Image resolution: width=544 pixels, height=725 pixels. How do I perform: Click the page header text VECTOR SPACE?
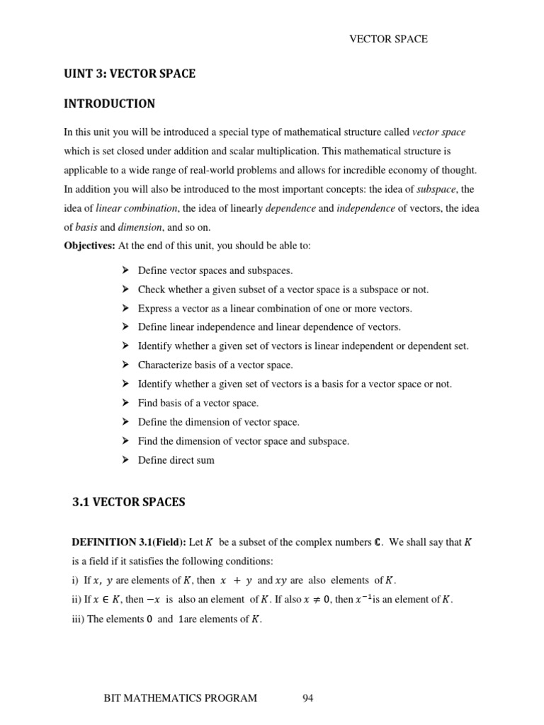389,39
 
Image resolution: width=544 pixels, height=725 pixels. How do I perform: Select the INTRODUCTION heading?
110,104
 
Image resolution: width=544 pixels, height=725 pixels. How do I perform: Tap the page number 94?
307,698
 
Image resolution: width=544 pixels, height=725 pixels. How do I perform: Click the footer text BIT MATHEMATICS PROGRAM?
180,698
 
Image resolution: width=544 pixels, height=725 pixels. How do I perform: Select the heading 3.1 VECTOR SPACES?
128,502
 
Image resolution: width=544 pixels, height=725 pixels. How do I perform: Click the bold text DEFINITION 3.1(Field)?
129,543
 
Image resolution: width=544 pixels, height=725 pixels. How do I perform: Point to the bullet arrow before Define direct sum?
125,460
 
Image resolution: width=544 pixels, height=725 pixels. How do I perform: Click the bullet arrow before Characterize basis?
125,365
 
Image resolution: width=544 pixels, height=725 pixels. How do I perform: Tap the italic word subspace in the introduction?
436,189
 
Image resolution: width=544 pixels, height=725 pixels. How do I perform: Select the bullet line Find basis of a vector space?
198,403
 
